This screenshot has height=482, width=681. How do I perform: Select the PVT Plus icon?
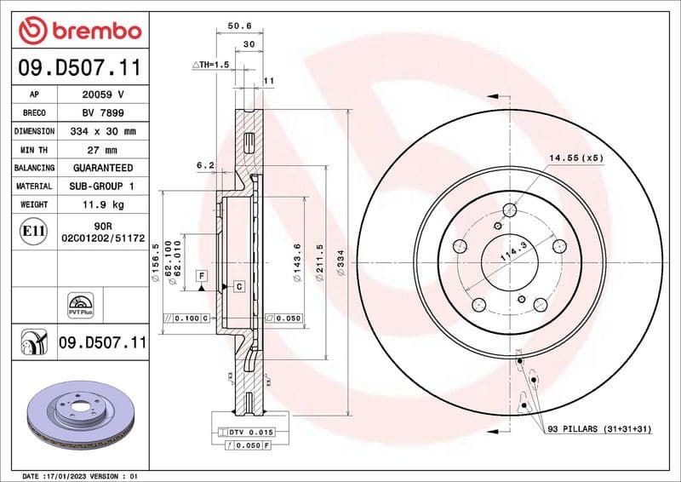(x=79, y=306)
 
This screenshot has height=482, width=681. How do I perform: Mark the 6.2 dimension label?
(x=204, y=165)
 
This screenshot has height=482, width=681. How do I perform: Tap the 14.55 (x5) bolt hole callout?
(x=575, y=158)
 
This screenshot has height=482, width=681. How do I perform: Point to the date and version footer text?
(x=79, y=475)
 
